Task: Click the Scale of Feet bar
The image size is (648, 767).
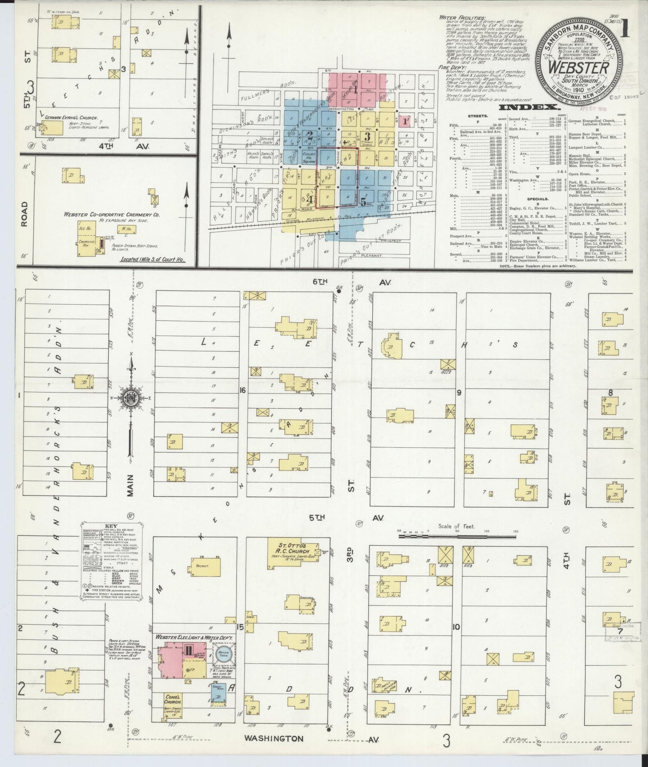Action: pyautogui.click(x=457, y=532)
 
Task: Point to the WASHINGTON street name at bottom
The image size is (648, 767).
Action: pyautogui.click(x=274, y=738)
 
